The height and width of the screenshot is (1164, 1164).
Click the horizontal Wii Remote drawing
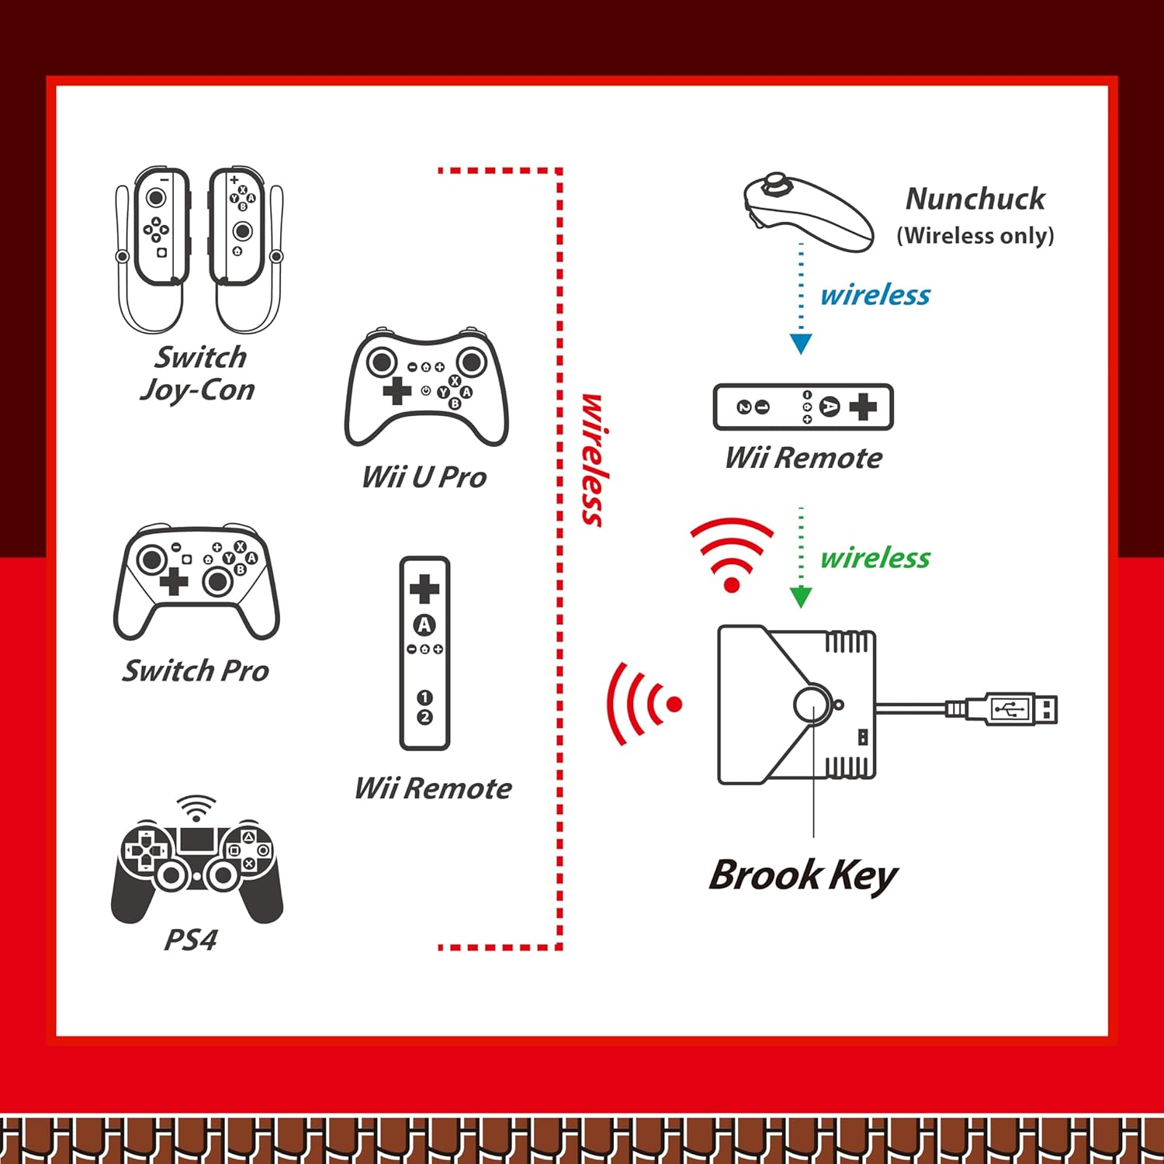pyautogui.click(x=803, y=407)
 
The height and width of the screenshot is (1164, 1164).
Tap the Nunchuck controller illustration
pyautogui.click(x=807, y=211)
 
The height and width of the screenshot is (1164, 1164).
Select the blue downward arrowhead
pyautogui.click(x=801, y=343)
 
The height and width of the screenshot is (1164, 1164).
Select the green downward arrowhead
pyautogui.click(x=801, y=597)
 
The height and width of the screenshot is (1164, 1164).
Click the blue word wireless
pyautogui.click(x=875, y=295)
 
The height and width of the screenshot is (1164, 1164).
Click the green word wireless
pyautogui.click(x=875, y=558)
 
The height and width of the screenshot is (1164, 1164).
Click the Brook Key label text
pyautogui.click(x=803, y=875)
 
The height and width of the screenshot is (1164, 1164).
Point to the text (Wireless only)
pyautogui.click(x=975, y=235)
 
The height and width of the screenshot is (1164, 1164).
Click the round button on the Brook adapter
pyautogui.click(x=812, y=705)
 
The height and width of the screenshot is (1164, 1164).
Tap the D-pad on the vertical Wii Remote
pyautogui.click(x=424, y=589)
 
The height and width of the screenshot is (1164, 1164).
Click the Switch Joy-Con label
pyautogui.click(x=199, y=373)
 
